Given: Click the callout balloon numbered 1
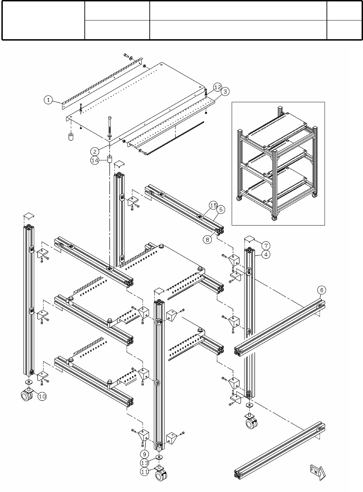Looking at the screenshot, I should (48, 101).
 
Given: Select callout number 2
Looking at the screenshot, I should (95, 151).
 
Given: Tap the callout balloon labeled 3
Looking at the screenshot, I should (225, 92).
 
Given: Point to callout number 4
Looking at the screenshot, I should (266, 254).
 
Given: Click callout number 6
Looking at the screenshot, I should (321, 290).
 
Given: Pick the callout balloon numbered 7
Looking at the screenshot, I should (265, 245).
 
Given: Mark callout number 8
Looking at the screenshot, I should (207, 239).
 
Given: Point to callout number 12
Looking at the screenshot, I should (217, 87).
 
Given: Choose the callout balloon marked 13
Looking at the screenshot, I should (145, 463).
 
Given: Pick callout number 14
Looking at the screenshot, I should (95, 160).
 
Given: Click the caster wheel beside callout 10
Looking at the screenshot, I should (27, 396).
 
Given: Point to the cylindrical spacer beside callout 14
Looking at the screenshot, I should (109, 160).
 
